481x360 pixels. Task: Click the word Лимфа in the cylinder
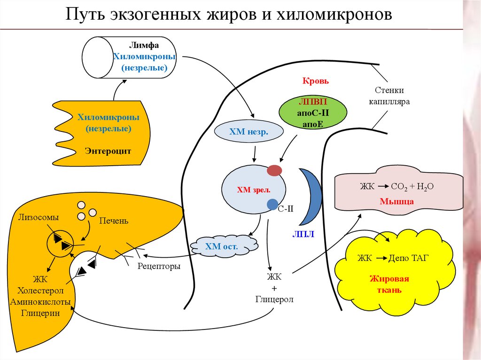coord(144,46)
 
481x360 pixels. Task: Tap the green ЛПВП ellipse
coord(312,113)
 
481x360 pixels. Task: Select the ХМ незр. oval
coord(249,132)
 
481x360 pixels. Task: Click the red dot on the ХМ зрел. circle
coord(275,170)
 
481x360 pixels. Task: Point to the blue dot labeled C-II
coord(272,204)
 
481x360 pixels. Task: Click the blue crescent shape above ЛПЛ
coord(310,197)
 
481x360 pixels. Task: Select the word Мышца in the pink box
coord(397,202)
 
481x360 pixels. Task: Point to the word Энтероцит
coord(108,151)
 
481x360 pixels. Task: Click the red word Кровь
coord(315,81)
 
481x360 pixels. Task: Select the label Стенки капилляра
coord(389,95)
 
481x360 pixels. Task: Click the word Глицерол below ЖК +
coord(274,299)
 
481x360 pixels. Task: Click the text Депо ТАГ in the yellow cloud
coord(408,258)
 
